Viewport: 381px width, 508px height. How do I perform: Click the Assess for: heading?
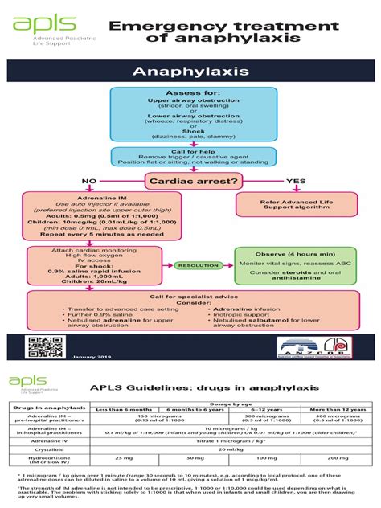(190, 94)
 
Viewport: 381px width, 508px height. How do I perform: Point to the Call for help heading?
(190, 151)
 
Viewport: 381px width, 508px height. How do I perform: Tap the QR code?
(41, 346)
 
